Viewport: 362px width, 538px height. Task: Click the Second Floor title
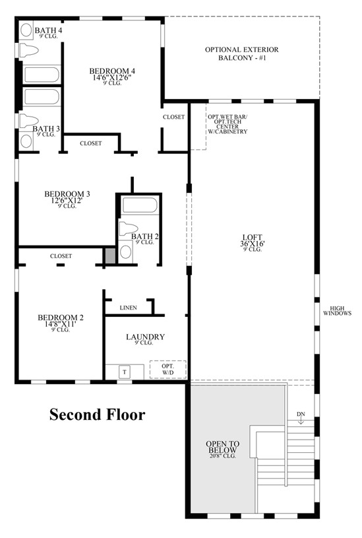(x=97, y=415)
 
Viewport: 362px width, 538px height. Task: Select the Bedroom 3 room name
(x=67, y=194)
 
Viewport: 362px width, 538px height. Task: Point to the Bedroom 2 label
(x=61, y=318)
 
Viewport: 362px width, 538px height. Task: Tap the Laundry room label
(x=145, y=337)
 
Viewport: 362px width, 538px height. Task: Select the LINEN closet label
(x=129, y=308)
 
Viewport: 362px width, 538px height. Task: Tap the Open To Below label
(x=222, y=446)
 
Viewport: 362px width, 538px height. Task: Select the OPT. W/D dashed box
(x=168, y=370)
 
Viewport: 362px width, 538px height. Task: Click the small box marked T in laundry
(x=124, y=372)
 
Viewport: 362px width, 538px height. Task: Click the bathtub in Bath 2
(x=140, y=205)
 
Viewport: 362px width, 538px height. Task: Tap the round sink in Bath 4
(x=26, y=30)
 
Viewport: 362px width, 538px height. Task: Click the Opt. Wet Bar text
(x=227, y=117)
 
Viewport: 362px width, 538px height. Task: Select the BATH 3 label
(x=47, y=129)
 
